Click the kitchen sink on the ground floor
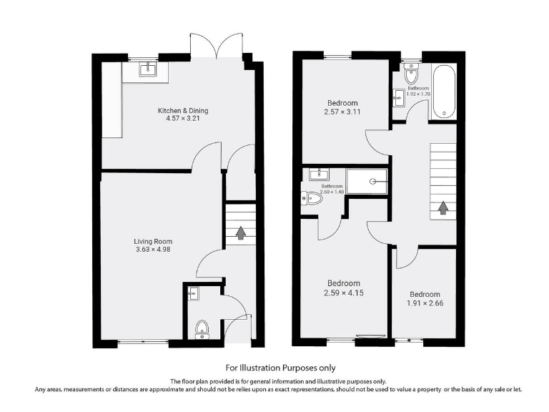149,69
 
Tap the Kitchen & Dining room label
183,110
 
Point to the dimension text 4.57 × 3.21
183,119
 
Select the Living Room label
154,241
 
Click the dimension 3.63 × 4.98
154,250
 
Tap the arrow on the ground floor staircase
241,233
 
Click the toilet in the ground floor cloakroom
202,328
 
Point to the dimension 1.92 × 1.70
418,94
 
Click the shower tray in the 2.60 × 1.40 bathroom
367,181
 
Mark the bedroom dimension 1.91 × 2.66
425,304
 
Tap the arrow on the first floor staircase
442,207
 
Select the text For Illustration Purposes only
274,367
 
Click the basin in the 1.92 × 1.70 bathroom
399,96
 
